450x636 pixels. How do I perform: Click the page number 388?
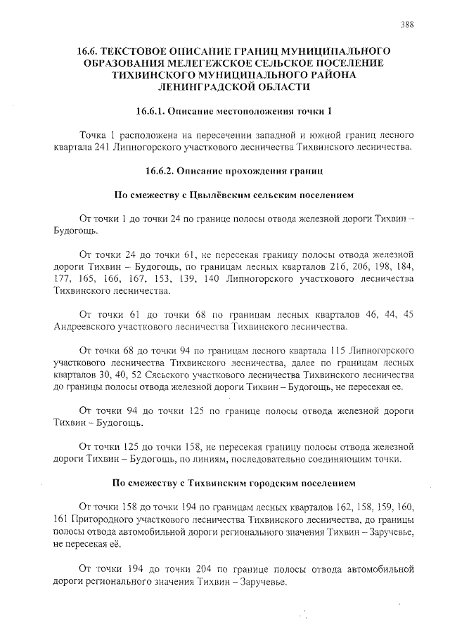(406, 24)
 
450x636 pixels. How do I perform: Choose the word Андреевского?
(84, 327)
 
